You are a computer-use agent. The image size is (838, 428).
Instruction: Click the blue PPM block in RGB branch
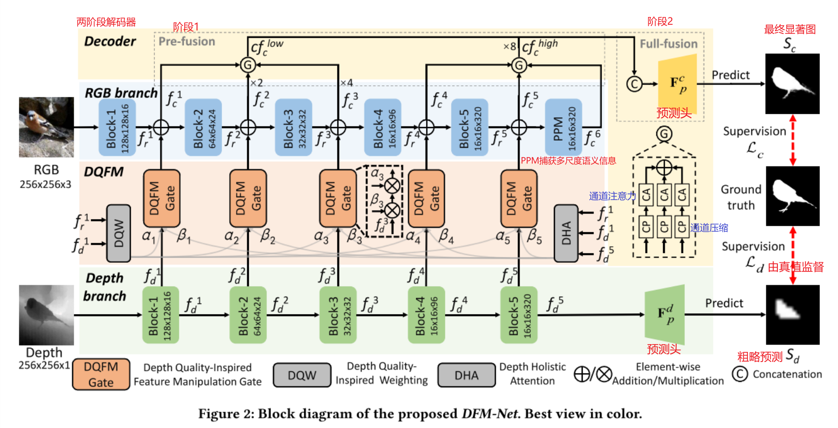point(563,127)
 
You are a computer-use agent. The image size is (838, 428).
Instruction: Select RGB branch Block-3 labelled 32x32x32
point(294,127)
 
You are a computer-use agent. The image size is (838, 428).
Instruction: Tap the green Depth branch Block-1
point(160,315)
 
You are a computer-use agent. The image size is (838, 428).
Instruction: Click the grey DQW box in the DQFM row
point(118,233)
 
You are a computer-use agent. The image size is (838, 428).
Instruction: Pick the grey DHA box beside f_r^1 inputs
point(566,233)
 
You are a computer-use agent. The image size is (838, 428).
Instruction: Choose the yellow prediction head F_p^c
point(677,83)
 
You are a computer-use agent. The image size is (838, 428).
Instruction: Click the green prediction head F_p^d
point(665,314)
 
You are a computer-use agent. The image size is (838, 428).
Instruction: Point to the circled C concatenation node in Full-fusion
point(634,84)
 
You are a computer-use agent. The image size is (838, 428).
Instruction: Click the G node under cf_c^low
point(248,65)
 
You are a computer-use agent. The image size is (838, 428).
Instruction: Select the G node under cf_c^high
point(519,65)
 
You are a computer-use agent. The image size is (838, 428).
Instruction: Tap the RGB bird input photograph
point(47,127)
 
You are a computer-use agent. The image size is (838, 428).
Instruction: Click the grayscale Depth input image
point(47,315)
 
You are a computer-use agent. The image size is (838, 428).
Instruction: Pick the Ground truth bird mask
point(792,196)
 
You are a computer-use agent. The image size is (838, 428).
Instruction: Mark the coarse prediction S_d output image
point(792,315)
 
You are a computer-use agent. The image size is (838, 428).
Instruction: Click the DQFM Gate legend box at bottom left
point(101,374)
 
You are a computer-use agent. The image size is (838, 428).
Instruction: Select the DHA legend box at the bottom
point(466,375)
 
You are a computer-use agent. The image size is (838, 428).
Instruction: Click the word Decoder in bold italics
point(110,41)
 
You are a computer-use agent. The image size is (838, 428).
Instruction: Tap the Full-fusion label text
point(668,44)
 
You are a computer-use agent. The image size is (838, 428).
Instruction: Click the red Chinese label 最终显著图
point(790,29)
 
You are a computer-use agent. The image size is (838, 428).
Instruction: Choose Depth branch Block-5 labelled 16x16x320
point(519,315)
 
